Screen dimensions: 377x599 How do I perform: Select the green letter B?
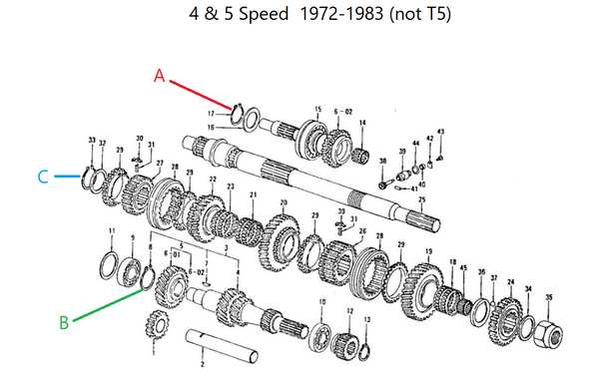63,321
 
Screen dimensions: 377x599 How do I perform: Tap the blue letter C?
42,177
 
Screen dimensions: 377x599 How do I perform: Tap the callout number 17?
225,115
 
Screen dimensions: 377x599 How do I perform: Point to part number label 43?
441,133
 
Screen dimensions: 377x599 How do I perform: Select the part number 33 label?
91,140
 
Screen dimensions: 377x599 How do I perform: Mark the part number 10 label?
321,301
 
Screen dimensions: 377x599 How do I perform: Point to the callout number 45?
463,268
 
